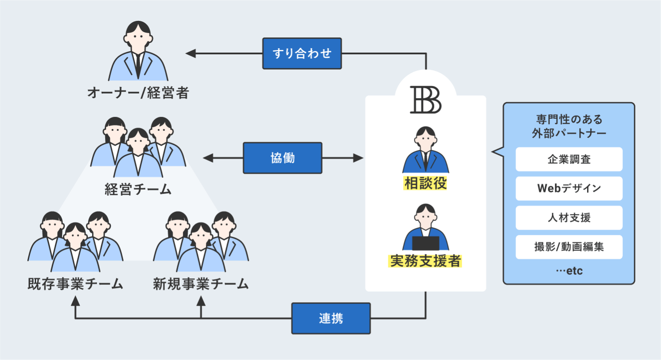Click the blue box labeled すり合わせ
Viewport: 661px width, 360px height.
click(x=302, y=53)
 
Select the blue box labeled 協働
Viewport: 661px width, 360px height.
click(x=282, y=158)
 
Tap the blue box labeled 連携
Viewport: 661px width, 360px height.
click(x=330, y=318)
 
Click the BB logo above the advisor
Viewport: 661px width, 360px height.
click(x=425, y=100)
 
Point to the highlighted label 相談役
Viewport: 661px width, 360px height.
click(x=425, y=183)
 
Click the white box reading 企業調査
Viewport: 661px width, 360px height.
click(x=569, y=159)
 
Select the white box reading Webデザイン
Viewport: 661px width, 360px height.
click(x=569, y=188)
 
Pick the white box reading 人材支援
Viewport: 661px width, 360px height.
click(x=569, y=217)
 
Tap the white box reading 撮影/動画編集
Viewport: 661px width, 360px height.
click(x=569, y=247)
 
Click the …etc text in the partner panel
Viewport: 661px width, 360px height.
click(x=569, y=271)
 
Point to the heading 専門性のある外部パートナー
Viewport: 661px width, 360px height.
click(x=569, y=126)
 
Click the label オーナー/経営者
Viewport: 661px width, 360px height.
click(x=138, y=93)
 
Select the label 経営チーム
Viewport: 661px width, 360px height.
click(x=138, y=190)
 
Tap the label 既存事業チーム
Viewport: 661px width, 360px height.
click(x=75, y=284)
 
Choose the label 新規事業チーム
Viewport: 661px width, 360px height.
click(x=200, y=284)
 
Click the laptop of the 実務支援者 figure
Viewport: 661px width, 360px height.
click(x=425, y=243)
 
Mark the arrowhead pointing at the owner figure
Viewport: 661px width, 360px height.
click(x=190, y=53)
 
